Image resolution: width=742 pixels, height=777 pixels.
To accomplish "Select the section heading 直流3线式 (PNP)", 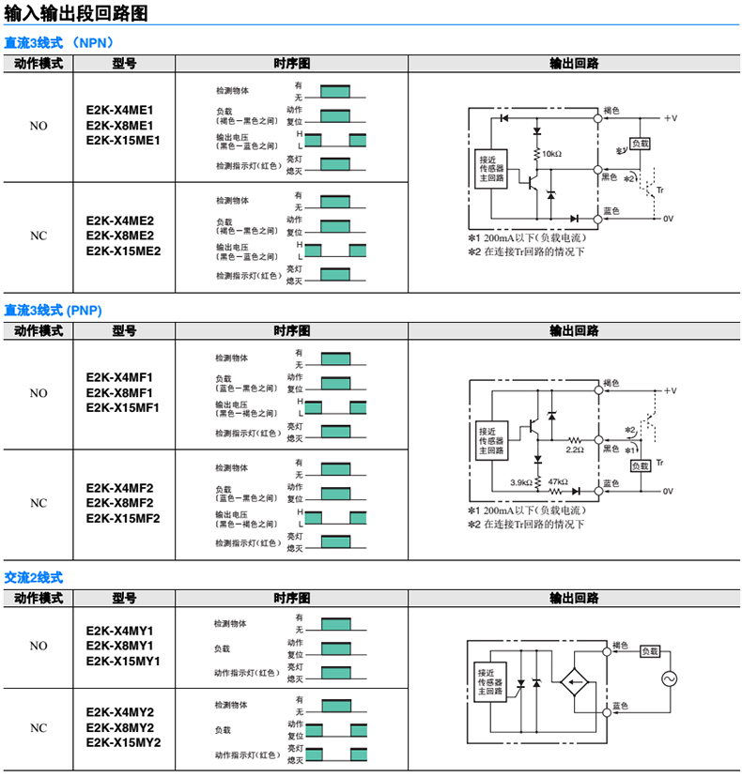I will coord(54,310).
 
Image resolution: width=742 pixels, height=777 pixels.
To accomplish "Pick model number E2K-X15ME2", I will coord(123,251).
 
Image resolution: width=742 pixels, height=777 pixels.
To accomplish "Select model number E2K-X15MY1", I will coord(123,662).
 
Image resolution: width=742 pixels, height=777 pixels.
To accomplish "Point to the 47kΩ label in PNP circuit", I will coord(559,481).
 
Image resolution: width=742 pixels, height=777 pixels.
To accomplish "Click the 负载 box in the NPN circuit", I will coord(640,144).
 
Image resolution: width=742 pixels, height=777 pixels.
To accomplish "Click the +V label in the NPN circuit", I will coord(670,118).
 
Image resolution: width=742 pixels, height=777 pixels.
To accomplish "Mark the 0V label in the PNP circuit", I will coord(669,491).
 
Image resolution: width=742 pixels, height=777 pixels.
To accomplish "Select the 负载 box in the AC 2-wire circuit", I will coord(650,650).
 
